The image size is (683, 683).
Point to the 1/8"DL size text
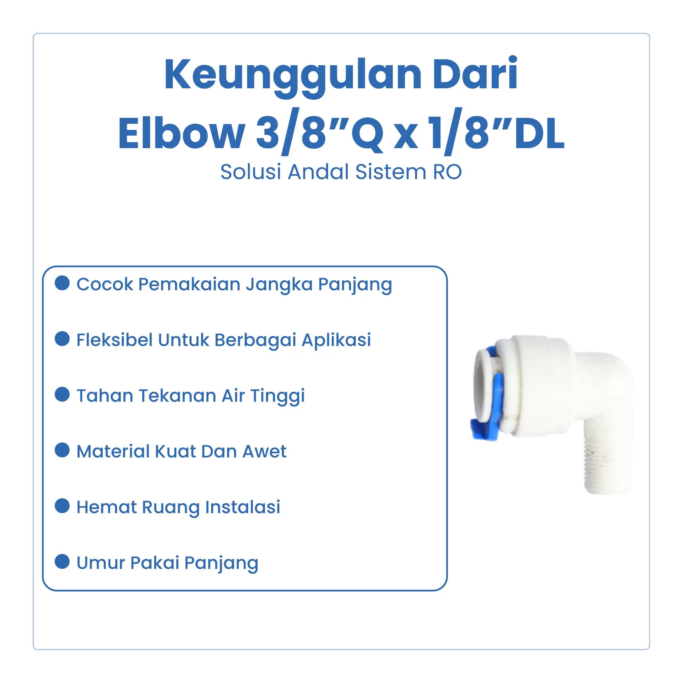point(496,131)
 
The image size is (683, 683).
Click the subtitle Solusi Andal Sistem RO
point(341,172)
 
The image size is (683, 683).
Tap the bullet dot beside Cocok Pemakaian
point(62,283)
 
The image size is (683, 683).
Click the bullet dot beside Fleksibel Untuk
point(62,339)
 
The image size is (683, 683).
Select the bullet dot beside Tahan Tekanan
point(62,394)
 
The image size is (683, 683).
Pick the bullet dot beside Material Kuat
point(62,450)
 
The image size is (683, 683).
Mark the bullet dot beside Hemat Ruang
point(62,506)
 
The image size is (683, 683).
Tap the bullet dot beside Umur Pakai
point(62,561)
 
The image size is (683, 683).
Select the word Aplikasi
point(336,340)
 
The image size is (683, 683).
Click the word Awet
point(264,451)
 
